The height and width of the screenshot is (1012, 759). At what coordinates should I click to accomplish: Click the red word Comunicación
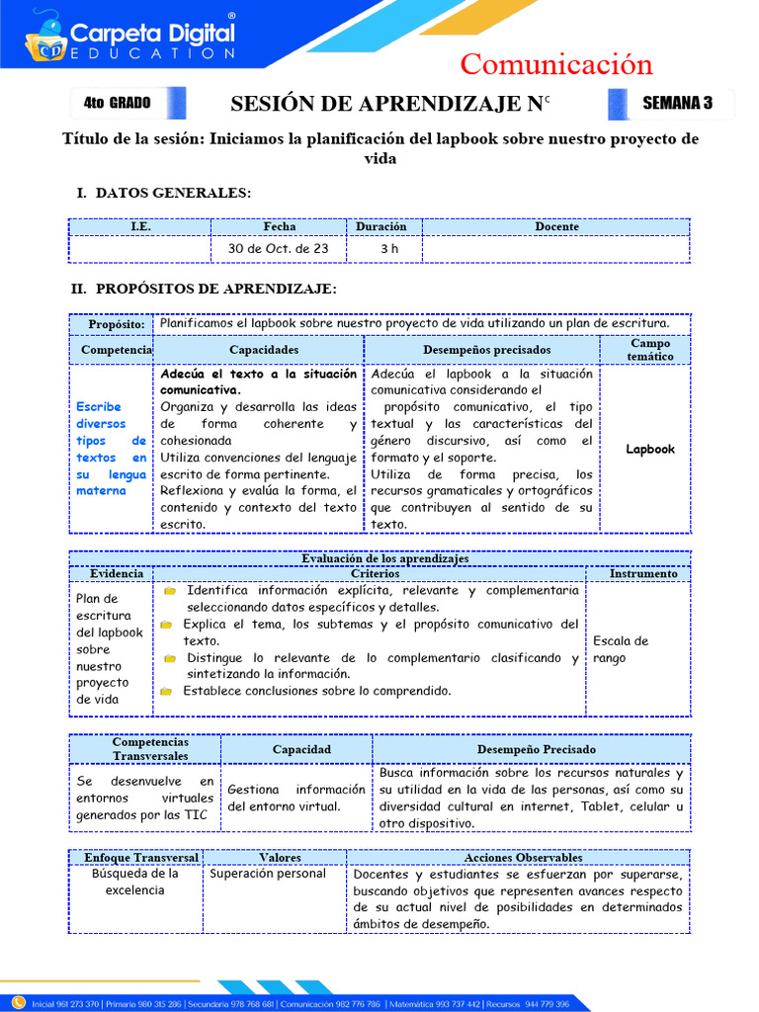[x=556, y=64]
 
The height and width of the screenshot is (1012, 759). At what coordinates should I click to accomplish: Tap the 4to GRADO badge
[x=118, y=103]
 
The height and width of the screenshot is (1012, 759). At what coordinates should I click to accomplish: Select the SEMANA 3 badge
[x=676, y=103]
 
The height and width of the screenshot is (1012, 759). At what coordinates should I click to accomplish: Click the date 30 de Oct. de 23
[x=278, y=249]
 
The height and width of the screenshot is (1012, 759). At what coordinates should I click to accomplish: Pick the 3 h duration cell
[x=389, y=249]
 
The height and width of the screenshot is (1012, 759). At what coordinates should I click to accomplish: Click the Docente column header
[x=556, y=226]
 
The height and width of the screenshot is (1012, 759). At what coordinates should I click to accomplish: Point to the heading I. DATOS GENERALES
[x=163, y=193]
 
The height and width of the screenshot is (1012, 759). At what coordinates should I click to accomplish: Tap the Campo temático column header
[x=649, y=350]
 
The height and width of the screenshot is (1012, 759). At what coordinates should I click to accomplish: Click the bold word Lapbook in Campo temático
[x=650, y=450]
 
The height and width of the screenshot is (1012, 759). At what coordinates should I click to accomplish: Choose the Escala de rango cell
[x=621, y=649]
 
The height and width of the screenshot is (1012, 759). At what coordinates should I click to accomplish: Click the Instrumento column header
[x=643, y=573]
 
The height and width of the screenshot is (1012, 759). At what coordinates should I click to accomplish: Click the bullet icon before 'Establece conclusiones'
[x=169, y=692]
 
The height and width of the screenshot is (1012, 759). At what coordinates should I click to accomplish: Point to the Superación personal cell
[x=268, y=874]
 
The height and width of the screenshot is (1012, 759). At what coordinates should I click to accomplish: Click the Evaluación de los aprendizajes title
[x=384, y=558]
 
